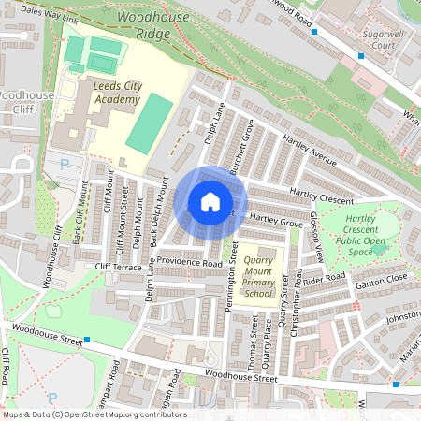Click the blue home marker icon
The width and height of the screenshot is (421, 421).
pyautogui.click(x=210, y=202)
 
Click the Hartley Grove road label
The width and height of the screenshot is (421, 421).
pyautogui.click(x=276, y=223)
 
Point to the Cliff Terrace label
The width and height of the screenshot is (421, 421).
pyautogui.click(x=117, y=266)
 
